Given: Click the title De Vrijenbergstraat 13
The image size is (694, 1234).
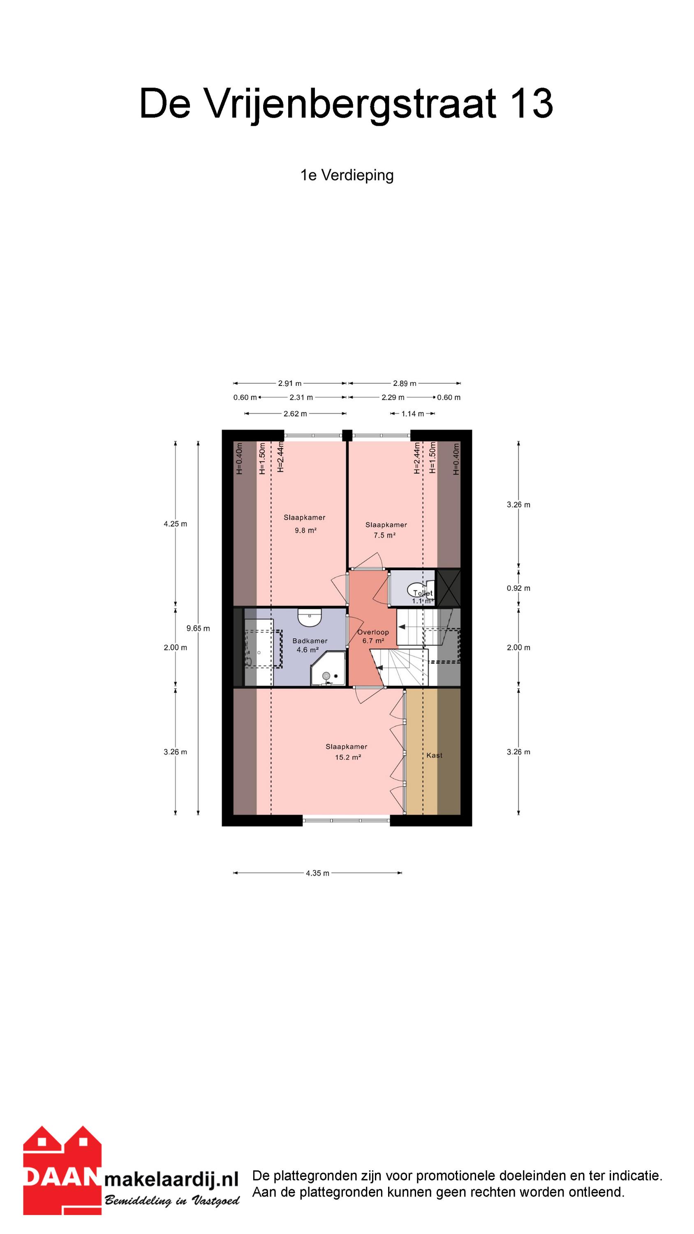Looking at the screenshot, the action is coord(346,104).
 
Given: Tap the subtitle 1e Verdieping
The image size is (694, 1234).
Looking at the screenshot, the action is coord(347,175).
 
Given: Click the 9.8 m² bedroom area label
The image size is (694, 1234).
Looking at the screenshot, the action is coord(305,530).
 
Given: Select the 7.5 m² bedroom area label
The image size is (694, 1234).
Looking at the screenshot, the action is coord(384,535).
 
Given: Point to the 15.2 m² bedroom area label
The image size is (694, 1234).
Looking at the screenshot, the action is coord(348,757).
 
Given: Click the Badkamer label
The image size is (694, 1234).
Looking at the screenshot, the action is coord(310,641).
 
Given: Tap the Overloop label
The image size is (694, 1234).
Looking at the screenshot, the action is coord(373,632).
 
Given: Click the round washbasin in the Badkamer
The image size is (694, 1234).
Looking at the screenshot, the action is coord(310,617).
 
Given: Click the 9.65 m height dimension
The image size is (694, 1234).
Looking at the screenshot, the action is coord(198,628).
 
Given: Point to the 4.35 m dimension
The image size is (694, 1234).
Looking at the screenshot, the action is coord(317,873).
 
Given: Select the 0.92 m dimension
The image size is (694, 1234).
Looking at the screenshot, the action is coord(519,588).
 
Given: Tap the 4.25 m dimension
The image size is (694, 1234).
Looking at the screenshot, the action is coord(175,524).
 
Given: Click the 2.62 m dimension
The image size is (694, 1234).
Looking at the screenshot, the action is coord(295,414).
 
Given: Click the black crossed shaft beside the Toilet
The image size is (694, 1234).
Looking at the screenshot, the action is coord(449,588).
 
